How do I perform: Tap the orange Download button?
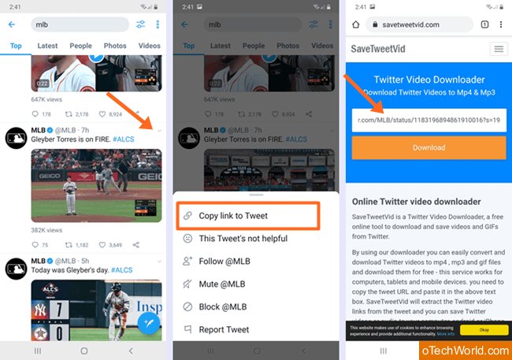click(429, 147)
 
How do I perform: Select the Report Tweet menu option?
click(223, 329)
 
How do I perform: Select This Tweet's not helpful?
click(242, 238)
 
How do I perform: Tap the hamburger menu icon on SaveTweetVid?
click(499, 49)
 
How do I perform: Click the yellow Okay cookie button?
click(484, 329)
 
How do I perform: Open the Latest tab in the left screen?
click(47, 46)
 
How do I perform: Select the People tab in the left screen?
click(80, 46)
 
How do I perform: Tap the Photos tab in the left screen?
click(115, 46)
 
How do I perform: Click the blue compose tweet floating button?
click(149, 322)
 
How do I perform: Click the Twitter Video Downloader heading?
click(429, 80)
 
